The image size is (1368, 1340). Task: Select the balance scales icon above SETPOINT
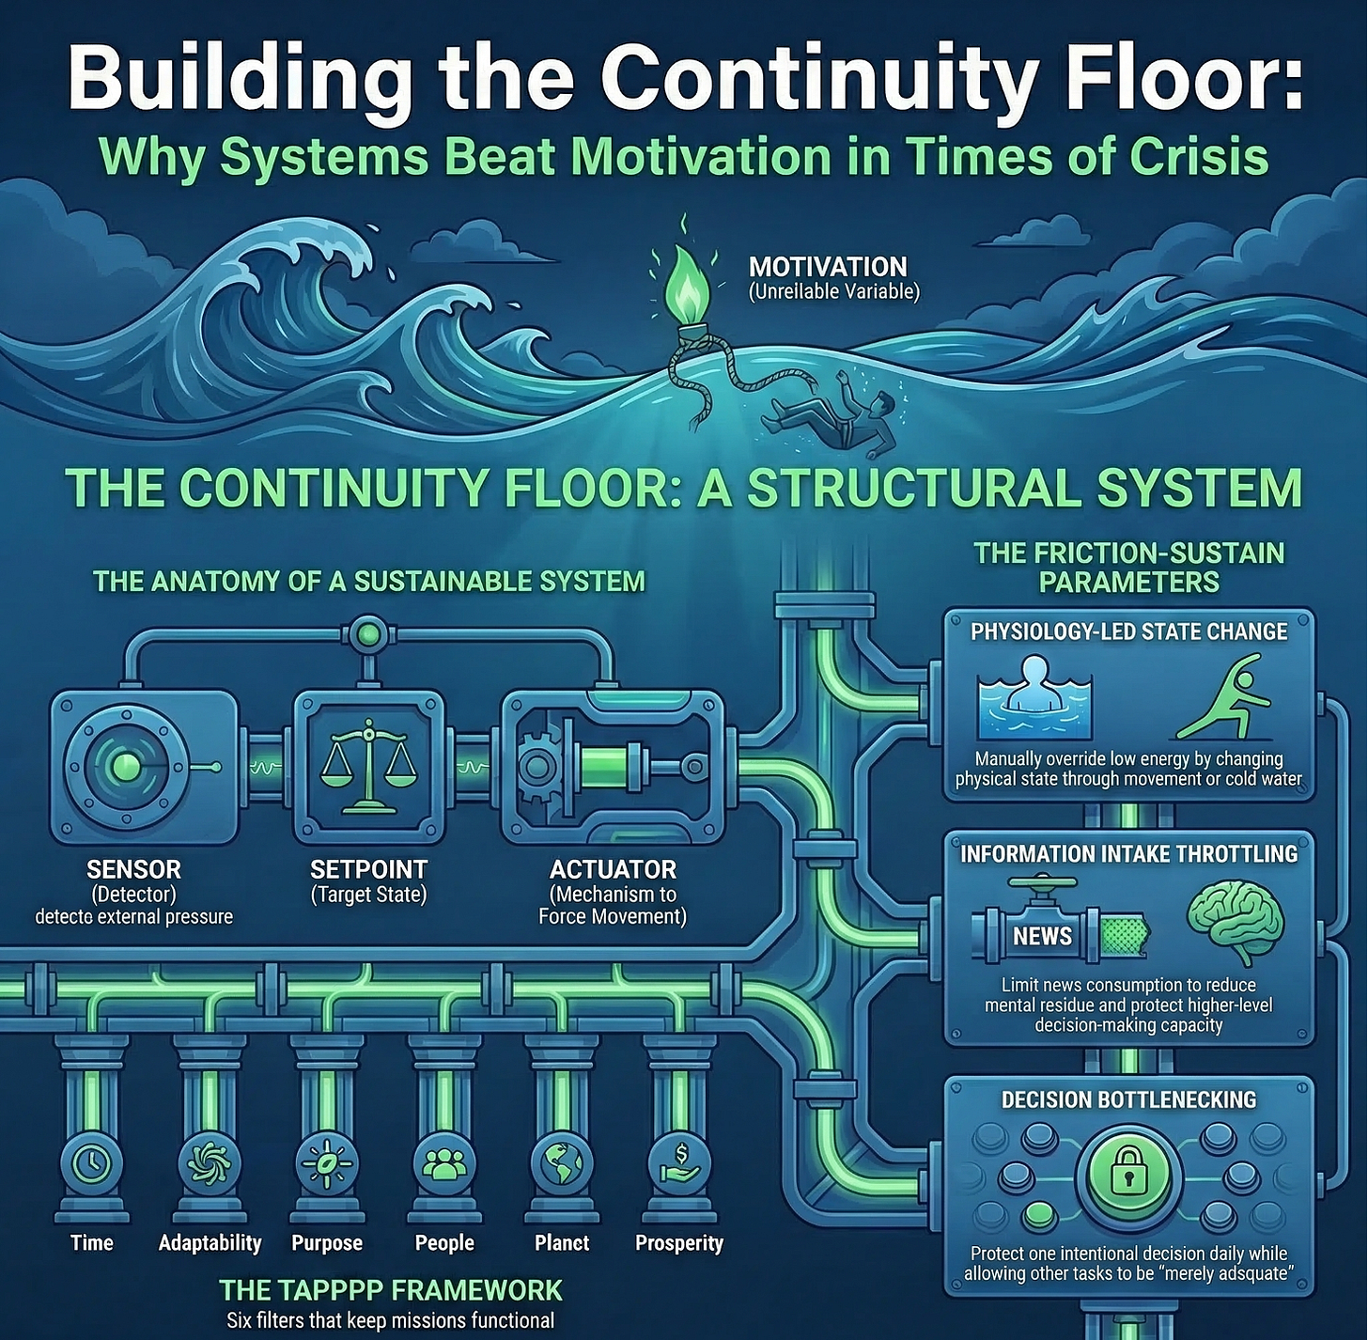(x=368, y=766)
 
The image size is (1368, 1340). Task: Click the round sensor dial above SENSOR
(x=127, y=767)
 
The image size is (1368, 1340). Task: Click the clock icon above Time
(x=91, y=1164)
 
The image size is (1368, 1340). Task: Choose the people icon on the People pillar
(x=443, y=1164)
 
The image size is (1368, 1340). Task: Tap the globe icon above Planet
(x=562, y=1163)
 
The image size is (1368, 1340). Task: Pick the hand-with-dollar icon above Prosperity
(x=679, y=1163)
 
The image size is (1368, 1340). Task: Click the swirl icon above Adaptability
(x=209, y=1164)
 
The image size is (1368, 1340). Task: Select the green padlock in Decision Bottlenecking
(x=1127, y=1175)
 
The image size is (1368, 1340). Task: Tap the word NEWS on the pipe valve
(x=1042, y=936)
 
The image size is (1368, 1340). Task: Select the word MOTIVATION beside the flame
(x=828, y=267)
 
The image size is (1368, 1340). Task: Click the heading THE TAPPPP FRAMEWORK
(x=391, y=1289)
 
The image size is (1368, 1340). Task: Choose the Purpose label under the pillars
(x=327, y=1243)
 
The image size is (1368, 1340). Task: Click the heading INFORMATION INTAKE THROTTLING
(x=1128, y=853)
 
